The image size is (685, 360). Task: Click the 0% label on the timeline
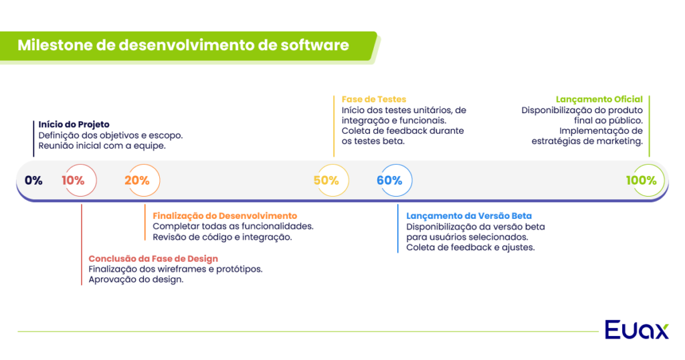pyautogui.click(x=33, y=180)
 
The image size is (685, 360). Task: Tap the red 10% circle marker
pyautogui.click(x=74, y=180)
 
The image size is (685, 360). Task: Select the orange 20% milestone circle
pyautogui.click(x=137, y=180)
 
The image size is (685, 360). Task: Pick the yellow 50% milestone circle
pyautogui.click(x=326, y=180)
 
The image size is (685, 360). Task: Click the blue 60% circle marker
pyautogui.click(x=389, y=180)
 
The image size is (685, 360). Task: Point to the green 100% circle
pyautogui.click(x=642, y=180)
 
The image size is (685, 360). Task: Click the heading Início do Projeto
pyautogui.click(x=74, y=124)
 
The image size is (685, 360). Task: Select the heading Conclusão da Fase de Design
pyautogui.click(x=153, y=258)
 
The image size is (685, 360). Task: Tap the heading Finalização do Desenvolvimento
pyautogui.click(x=225, y=215)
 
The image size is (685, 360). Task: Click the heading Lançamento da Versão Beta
pyautogui.click(x=469, y=215)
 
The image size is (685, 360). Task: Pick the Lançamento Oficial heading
pyautogui.click(x=599, y=99)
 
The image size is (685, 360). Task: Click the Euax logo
pyautogui.click(x=636, y=330)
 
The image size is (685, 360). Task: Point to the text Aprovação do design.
pyautogui.click(x=136, y=280)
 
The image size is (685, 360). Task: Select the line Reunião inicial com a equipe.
pyautogui.click(x=102, y=146)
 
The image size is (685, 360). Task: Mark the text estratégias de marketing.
pyautogui.click(x=587, y=141)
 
